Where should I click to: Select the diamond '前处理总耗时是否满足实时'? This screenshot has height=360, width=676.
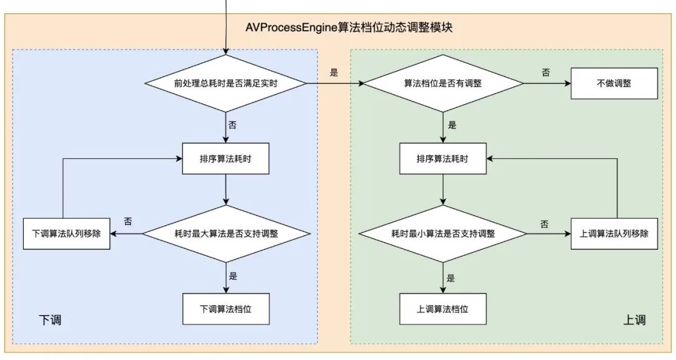click(x=226, y=83)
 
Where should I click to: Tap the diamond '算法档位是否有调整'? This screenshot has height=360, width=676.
click(x=443, y=83)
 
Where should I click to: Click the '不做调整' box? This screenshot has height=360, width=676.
click(x=614, y=83)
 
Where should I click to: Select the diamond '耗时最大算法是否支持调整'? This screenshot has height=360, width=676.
click(x=226, y=234)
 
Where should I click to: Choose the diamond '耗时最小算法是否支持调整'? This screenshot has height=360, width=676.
click(x=443, y=234)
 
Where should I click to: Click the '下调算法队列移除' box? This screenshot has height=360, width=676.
click(x=66, y=234)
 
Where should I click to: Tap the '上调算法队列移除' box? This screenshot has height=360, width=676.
click(x=614, y=234)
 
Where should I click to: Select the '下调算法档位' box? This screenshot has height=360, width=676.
click(x=226, y=309)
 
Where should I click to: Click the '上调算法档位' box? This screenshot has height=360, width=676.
click(x=443, y=309)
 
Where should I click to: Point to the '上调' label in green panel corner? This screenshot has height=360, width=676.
click(x=634, y=320)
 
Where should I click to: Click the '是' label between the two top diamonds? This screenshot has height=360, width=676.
click(x=334, y=72)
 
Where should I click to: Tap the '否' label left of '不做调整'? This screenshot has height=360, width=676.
click(x=546, y=72)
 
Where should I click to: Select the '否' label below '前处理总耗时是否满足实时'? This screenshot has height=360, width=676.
click(x=232, y=125)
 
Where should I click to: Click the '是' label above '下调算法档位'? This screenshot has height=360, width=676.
click(x=233, y=275)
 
